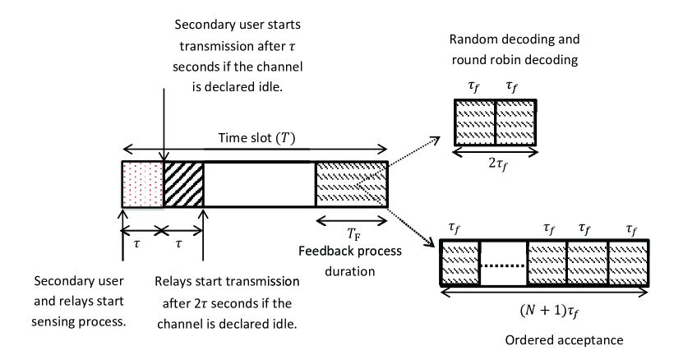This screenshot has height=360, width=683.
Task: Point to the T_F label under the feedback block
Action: point(353,233)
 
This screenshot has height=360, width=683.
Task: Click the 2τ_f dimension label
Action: point(495,163)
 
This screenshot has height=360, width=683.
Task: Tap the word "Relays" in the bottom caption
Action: point(175,283)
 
